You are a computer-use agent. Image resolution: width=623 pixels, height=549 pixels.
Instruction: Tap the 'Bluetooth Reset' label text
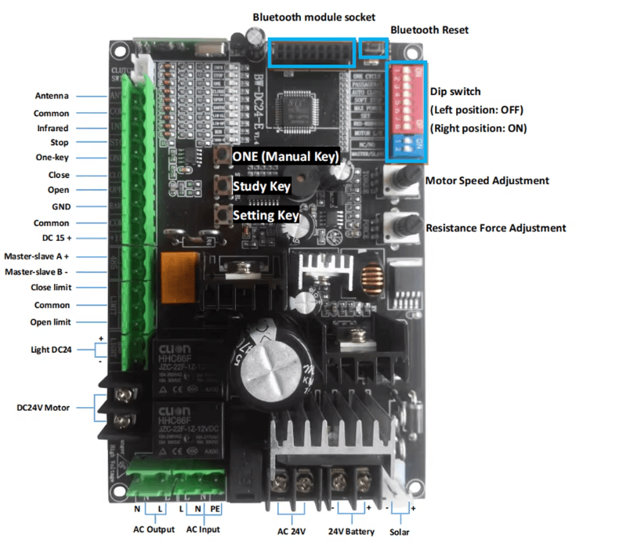[x=429, y=30]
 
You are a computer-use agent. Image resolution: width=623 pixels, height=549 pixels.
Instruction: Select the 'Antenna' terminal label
[x=52, y=96]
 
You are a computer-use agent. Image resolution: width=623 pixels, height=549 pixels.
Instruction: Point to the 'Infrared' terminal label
[x=53, y=128]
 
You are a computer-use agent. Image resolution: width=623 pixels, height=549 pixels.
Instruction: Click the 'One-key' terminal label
[x=53, y=158]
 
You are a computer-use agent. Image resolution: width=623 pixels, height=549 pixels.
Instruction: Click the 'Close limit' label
[x=51, y=287]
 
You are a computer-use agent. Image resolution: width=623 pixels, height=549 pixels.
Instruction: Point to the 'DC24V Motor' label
[x=43, y=408]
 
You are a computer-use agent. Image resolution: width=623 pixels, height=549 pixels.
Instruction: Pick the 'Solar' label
[x=400, y=532]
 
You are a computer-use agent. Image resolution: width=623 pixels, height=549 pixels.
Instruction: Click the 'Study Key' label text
[x=262, y=187]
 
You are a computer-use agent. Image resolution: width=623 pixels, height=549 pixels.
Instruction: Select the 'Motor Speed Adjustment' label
[x=487, y=180]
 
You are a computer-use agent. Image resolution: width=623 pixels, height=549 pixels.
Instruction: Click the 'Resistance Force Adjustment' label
[x=495, y=228]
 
